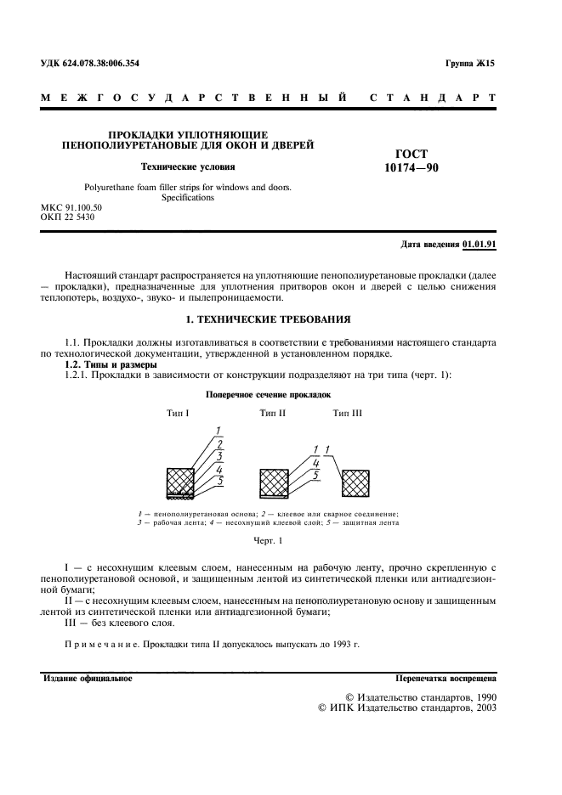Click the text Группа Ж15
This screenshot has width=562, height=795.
(469, 65)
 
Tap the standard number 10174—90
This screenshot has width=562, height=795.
(412, 168)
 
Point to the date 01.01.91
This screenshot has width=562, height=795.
(480, 245)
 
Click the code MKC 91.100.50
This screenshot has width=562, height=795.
(71, 207)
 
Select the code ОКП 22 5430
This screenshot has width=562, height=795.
(68, 217)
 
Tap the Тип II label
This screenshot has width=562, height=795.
(272, 413)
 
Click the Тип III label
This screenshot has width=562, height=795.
(347, 413)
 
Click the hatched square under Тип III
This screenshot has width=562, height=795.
(355, 482)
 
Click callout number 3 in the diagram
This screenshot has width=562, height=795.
(219, 456)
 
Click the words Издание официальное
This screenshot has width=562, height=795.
(87, 678)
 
